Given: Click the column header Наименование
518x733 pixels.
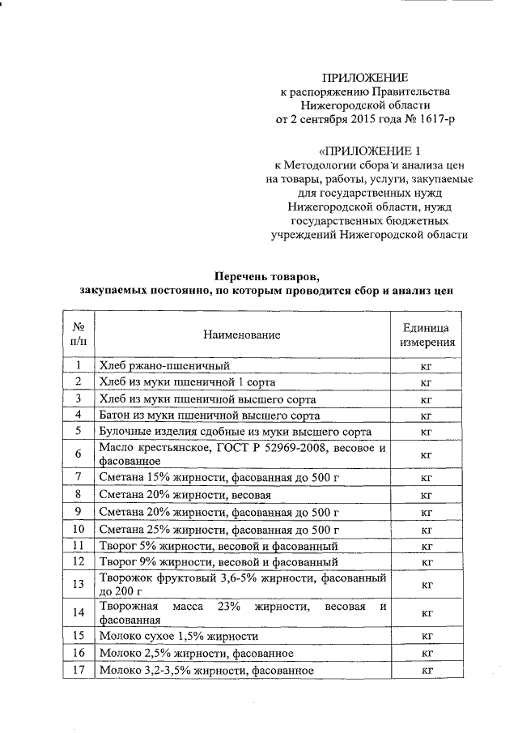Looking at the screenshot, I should (x=242, y=335).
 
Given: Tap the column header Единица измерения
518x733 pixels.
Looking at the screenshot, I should (x=426, y=335).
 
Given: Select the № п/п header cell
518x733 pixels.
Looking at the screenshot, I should (x=79, y=335).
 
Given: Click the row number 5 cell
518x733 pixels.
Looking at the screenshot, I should (x=79, y=432).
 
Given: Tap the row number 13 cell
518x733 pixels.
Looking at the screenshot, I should (x=79, y=583).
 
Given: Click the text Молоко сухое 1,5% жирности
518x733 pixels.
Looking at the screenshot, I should (x=178, y=636).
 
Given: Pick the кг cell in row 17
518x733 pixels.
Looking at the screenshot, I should (x=426, y=671).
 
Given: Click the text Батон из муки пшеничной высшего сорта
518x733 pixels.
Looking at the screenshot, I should (x=207, y=415).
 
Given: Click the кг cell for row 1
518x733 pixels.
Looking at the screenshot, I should (x=426, y=366).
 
